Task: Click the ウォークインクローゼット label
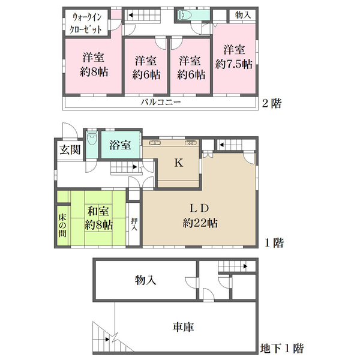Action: (86, 23)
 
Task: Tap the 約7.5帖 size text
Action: (234, 64)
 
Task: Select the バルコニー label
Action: (161, 102)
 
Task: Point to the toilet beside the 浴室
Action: (92, 138)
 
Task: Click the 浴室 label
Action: (120, 145)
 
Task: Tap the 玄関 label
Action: (70, 150)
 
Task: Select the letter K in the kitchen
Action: (179, 163)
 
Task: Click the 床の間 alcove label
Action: (62, 226)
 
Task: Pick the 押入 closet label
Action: (134, 224)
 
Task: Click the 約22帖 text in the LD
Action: (200, 223)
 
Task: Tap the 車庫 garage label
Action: (183, 327)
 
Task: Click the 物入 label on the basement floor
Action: (146, 280)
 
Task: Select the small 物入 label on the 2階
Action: (242, 16)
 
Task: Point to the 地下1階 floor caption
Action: (282, 348)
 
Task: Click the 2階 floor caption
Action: (272, 103)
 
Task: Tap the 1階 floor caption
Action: (274, 242)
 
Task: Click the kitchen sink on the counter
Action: (155, 143)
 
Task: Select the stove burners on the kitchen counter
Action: (190, 143)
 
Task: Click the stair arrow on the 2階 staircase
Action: (131, 16)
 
